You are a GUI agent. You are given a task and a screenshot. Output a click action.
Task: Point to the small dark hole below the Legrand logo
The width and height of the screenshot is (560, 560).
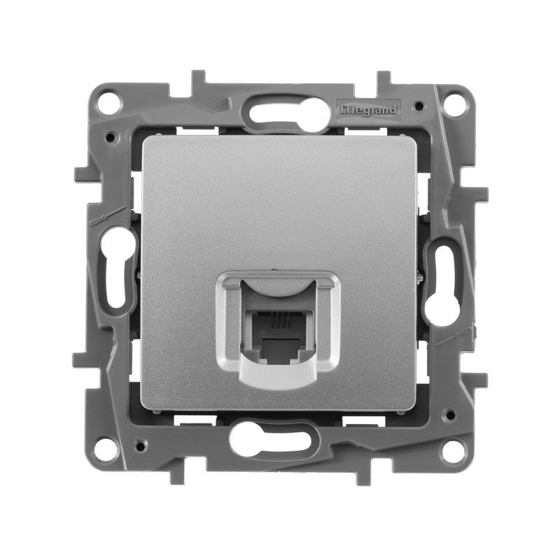click(x=418, y=107)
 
